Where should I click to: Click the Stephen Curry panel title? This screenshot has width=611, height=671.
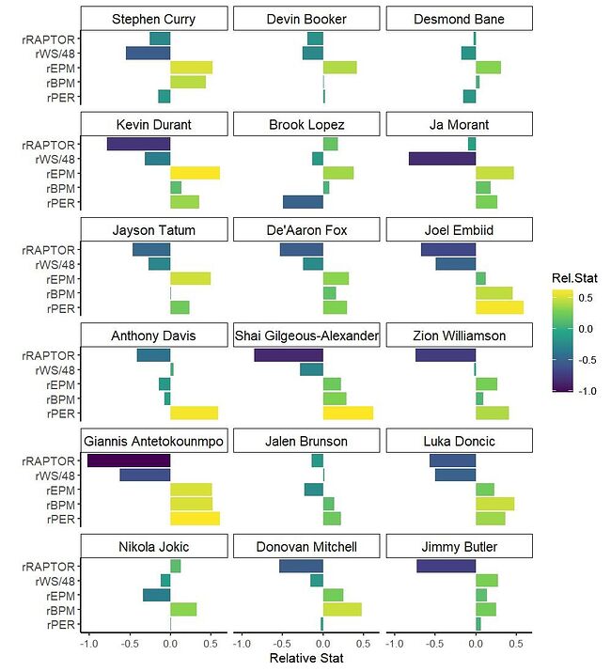153,19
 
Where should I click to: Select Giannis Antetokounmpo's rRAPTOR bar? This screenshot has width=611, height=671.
129,460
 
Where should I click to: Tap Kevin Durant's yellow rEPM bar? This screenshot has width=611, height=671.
195,174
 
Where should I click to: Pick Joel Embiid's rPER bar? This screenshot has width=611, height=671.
499,309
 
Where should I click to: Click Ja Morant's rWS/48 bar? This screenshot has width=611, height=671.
442,159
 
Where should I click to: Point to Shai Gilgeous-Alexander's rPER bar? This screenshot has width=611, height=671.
348,414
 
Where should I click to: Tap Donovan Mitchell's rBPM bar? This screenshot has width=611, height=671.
342,611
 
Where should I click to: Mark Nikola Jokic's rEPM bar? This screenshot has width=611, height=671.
156,596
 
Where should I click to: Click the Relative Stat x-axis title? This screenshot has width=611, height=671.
306,659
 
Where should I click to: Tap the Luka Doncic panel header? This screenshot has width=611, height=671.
459,441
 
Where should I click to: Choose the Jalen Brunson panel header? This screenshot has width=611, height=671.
306,441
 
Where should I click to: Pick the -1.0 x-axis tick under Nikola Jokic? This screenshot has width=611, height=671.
88,645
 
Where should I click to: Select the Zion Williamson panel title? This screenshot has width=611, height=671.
459,335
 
